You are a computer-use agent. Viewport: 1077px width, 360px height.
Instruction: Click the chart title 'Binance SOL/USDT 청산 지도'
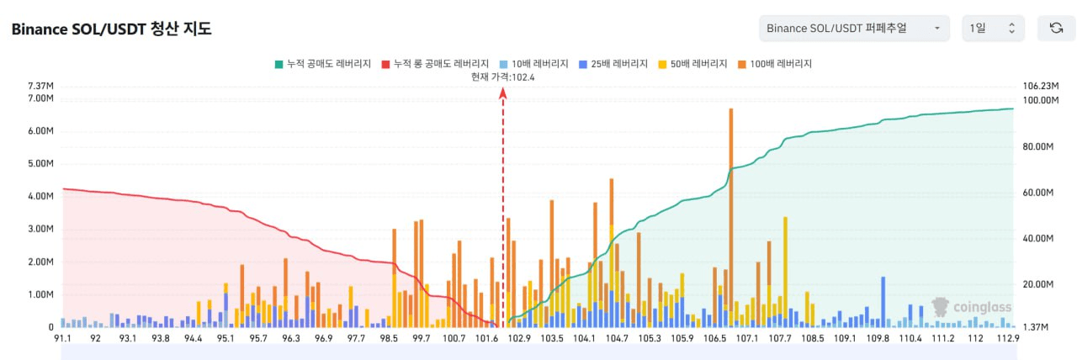[x=111, y=29]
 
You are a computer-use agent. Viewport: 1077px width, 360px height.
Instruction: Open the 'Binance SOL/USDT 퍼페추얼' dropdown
[x=853, y=29]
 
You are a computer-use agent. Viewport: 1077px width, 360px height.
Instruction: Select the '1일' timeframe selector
[x=993, y=29]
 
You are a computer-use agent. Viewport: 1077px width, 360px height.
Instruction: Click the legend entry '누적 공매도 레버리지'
[x=323, y=63]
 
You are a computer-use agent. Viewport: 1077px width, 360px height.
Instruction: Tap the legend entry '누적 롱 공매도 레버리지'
[x=435, y=63]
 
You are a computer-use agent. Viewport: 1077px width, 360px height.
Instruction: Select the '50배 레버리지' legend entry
[x=692, y=63]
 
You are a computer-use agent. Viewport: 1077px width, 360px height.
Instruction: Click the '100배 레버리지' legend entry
[x=774, y=63]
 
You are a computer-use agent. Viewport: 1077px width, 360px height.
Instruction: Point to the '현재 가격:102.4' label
[x=503, y=77]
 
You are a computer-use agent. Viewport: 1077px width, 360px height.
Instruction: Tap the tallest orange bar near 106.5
[x=731, y=210]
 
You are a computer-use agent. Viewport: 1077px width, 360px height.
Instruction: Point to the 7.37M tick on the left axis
[x=41, y=86]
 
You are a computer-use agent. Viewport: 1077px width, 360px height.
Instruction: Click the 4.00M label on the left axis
[x=41, y=196]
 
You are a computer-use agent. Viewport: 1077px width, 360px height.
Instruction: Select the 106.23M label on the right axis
[x=1038, y=86]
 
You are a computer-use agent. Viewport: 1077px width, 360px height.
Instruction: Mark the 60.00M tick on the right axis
[x=1038, y=193]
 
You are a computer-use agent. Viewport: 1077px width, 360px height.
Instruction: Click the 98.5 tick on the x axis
[x=389, y=338]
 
